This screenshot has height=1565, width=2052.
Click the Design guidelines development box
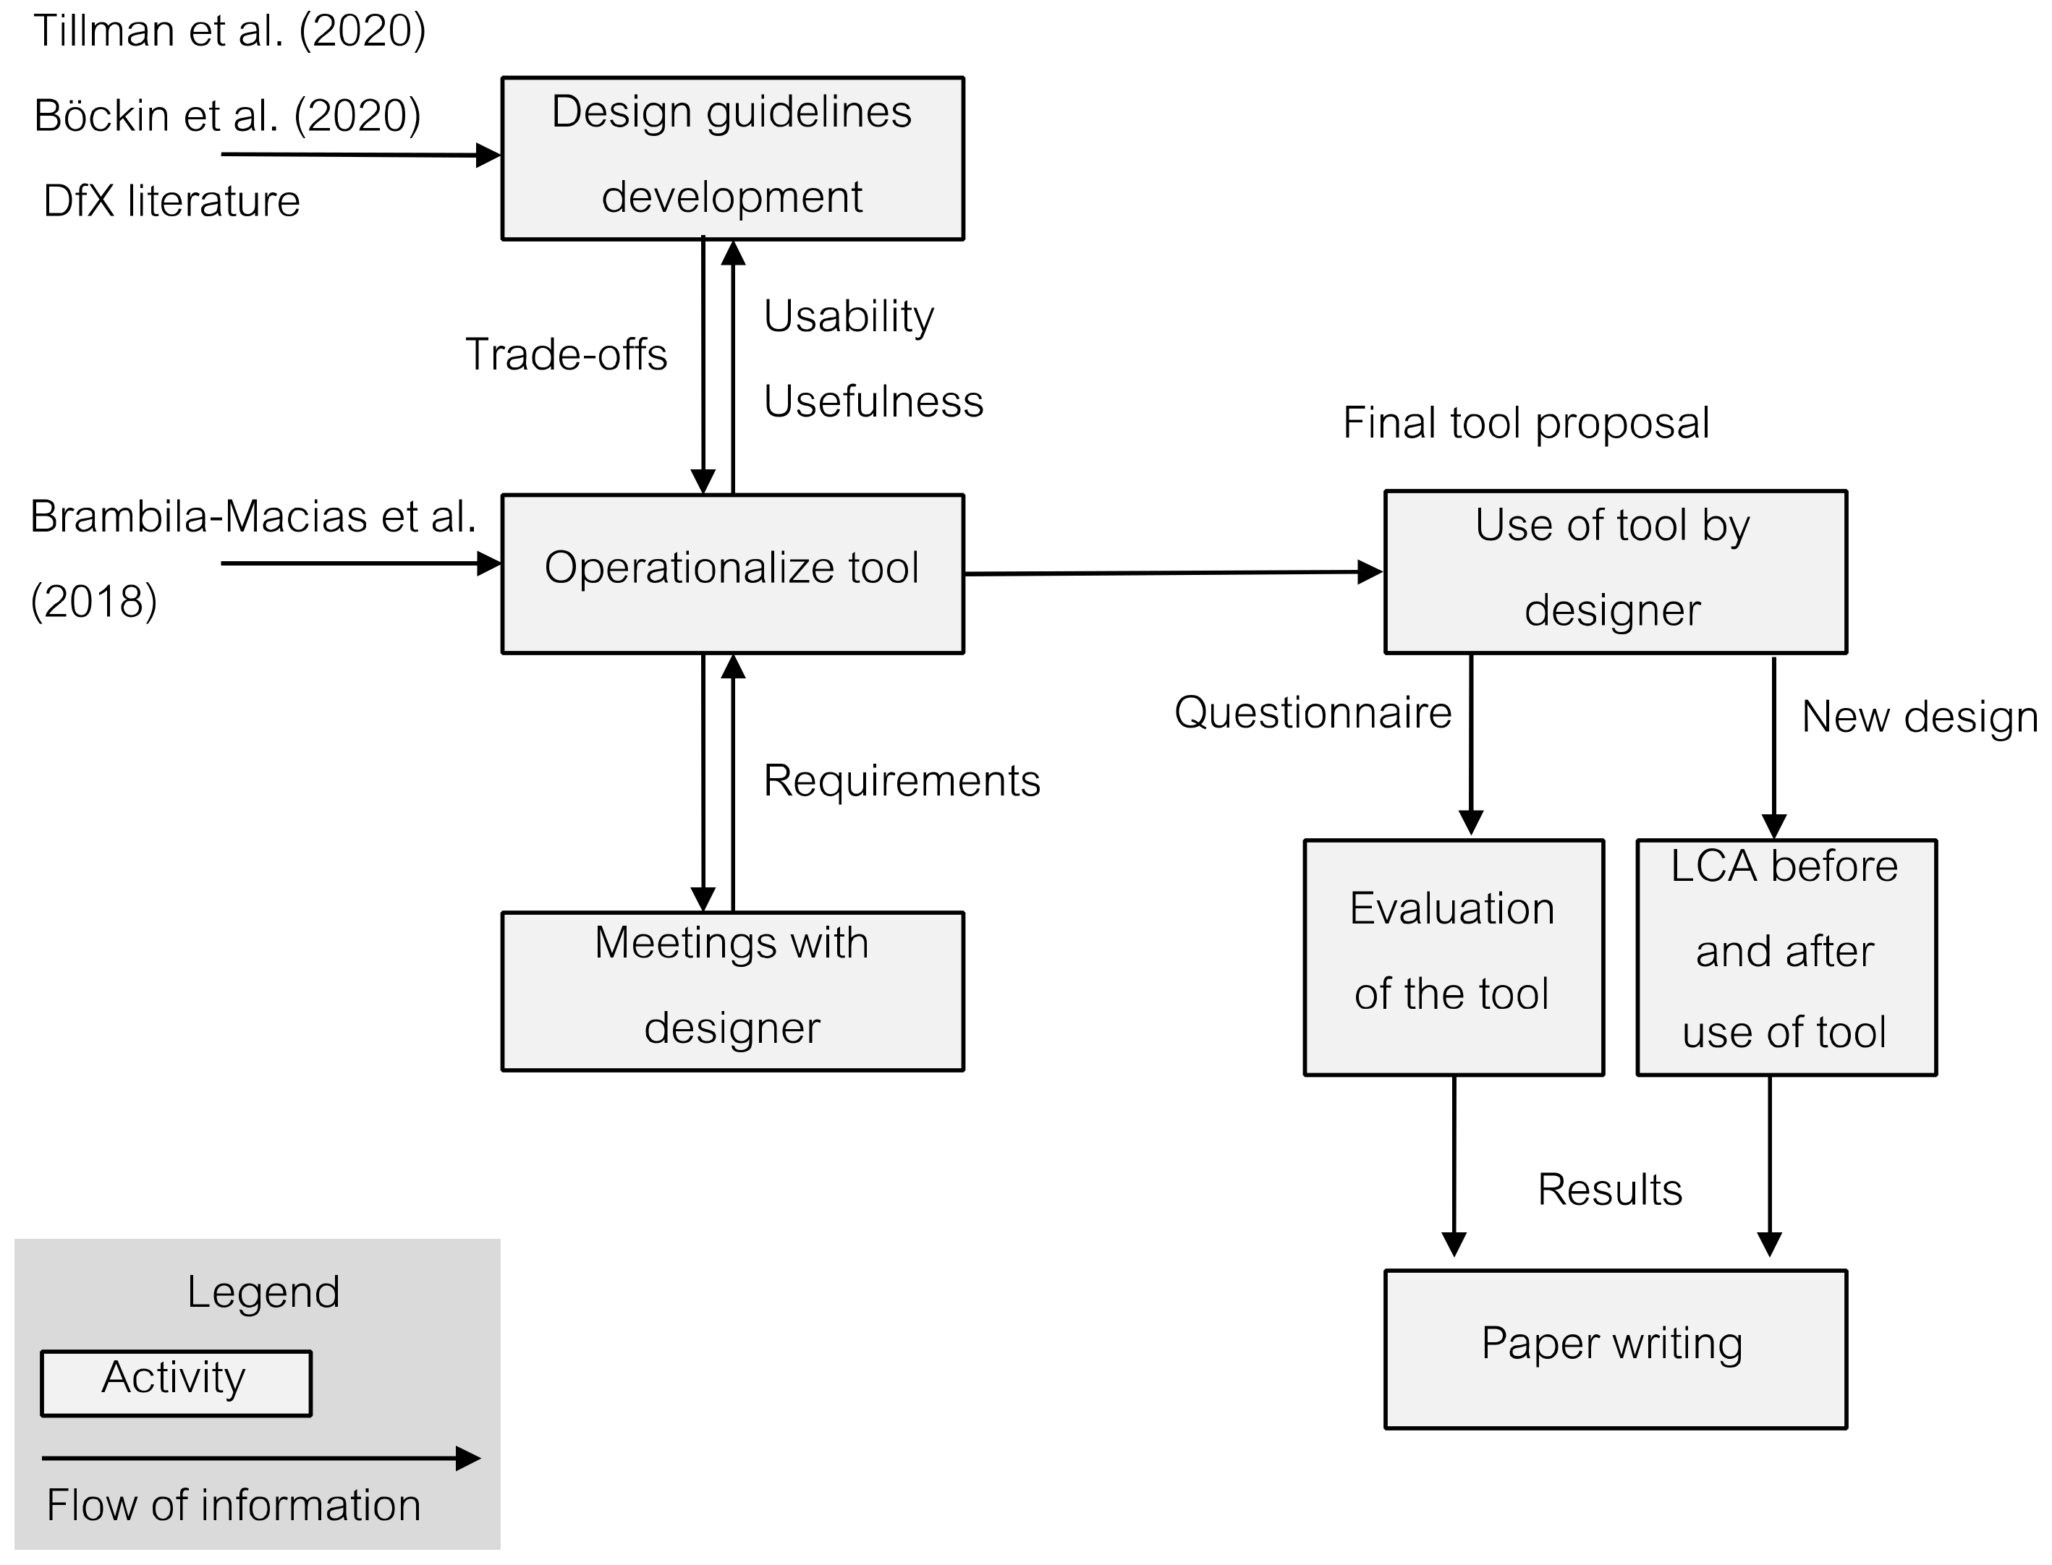click(x=732, y=158)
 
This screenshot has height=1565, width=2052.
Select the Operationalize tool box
click(x=732, y=573)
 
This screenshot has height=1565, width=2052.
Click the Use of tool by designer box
click(x=1615, y=571)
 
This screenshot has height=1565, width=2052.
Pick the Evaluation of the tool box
click(x=1453, y=957)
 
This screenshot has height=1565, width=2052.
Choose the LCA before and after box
click(x=1786, y=957)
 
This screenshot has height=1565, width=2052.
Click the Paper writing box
click(x=1615, y=1348)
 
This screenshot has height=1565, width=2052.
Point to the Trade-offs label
click(x=566, y=355)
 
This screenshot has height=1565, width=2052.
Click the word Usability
click(x=848, y=317)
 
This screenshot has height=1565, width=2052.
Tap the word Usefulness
click(x=873, y=401)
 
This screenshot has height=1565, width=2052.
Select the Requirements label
click(x=901, y=780)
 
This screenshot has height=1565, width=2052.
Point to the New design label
click(x=1920, y=717)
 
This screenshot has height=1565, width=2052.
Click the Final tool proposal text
click(x=1525, y=423)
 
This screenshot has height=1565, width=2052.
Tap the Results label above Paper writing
click(x=1609, y=1190)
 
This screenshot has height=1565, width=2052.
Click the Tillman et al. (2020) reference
click(x=229, y=32)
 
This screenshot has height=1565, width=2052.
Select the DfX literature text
click(x=171, y=201)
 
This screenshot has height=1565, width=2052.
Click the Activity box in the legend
click(x=175, y=1383)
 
